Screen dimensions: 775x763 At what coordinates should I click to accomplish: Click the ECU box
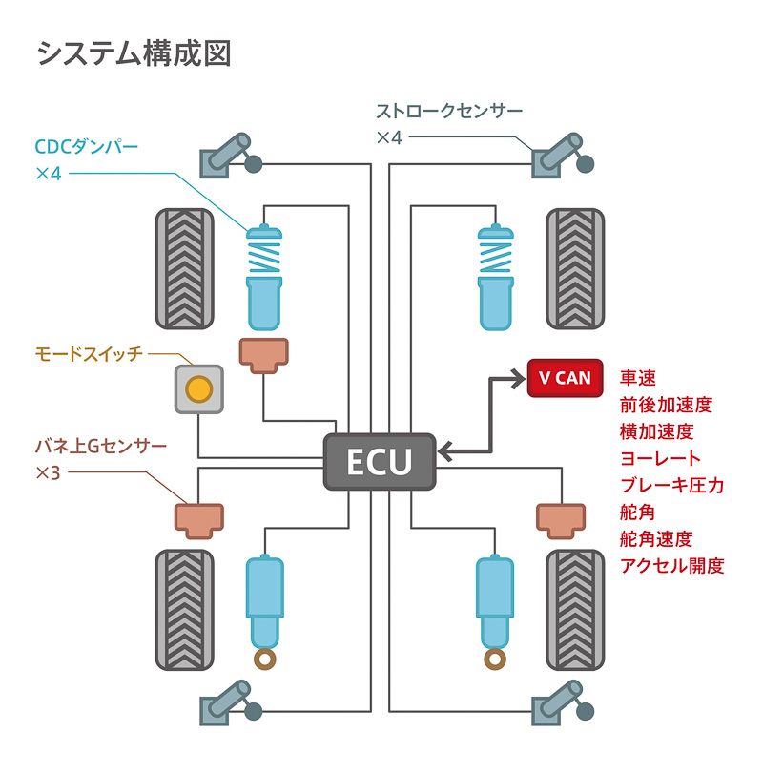pyautogui.click(x=380, y=462)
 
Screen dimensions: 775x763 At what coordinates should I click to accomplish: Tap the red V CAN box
pyautogui.click(x=565, y=378)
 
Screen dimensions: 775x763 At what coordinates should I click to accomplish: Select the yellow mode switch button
pyautogui.click(x=198, y=388)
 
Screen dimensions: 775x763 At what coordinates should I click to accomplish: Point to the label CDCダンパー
pyautogui.click(x=87, y=148)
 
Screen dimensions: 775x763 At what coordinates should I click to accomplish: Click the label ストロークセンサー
pyautogui.click(x=449, y=111)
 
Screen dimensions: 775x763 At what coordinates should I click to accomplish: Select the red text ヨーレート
pyautogui.click(x=660, y=459)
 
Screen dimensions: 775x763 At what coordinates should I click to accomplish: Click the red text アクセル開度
pyautogui.click(x=672, y=565)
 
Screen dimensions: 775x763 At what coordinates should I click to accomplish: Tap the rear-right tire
pyautogui.click(x=576, y=609)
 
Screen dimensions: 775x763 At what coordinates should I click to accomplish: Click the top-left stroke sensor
pyautogui.click(x=227, y=156)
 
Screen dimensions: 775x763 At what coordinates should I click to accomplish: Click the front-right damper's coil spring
pyautogui.click(x=495, y=257)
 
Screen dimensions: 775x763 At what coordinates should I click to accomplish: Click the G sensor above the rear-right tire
pyautogui.click(x=559, y=516)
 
